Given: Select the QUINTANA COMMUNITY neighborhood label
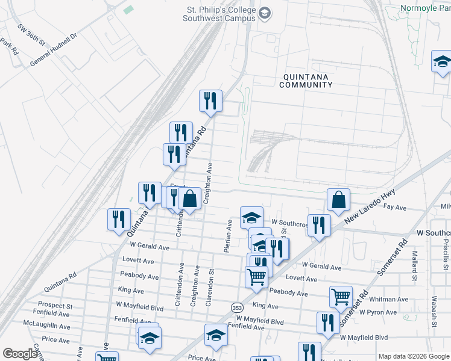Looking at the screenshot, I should click(x=306, y=81).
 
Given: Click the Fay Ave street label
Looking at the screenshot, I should click(x=395, y=208).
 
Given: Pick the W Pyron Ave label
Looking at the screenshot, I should click(x=377, y=312).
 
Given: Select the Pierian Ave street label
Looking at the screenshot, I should click(x=229, y=236).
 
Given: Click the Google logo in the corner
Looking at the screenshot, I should click(x=20, y=354).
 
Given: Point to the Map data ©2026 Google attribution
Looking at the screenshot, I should click(x=414, y=356).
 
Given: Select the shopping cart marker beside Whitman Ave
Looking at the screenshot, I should click(x=340, y=297).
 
